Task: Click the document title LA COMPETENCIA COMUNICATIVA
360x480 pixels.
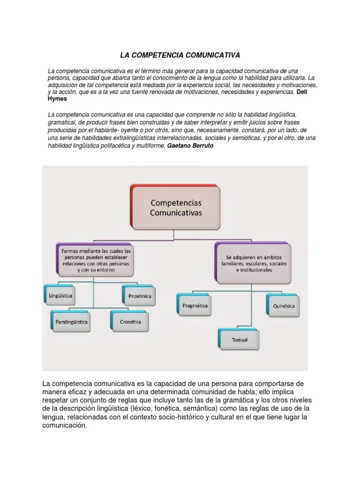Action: (180, 55)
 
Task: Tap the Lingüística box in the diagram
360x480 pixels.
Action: (60, 296)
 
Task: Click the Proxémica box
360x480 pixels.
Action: (140, 296)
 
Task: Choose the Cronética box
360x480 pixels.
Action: (130, 322)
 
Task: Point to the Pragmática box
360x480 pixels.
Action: (195, 306)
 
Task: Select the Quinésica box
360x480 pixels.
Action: (284, 306)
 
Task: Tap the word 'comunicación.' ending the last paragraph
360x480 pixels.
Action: (65, 426)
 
